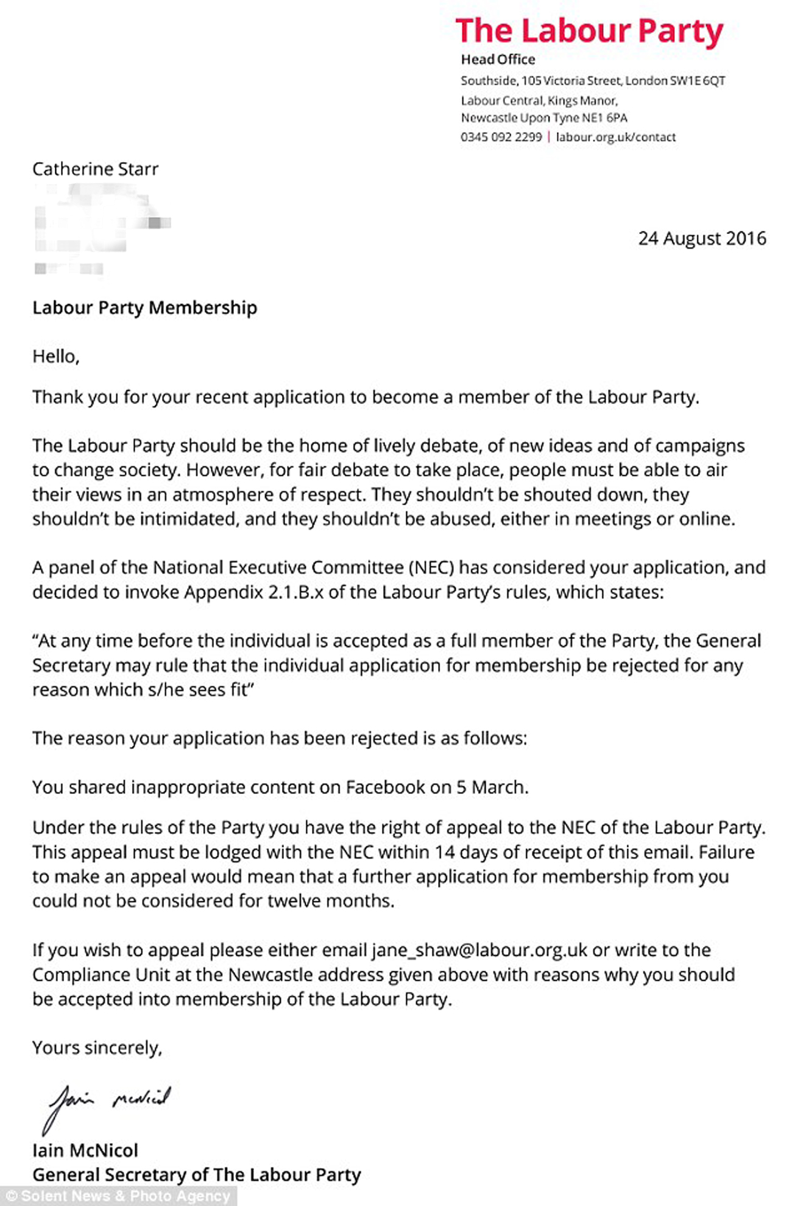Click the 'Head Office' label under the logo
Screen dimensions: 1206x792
498,60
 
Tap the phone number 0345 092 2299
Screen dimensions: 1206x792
501,137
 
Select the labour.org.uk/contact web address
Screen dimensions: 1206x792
616,137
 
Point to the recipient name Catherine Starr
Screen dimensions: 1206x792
95,169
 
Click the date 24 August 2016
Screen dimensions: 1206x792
702,238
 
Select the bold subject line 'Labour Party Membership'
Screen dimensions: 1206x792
144,308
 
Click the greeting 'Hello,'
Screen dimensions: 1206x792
56,356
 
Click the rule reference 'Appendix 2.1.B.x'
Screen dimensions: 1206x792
254,592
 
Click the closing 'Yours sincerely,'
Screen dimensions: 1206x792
97,1048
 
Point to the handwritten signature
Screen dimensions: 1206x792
107,1103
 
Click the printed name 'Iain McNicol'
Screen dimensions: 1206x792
85,1150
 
